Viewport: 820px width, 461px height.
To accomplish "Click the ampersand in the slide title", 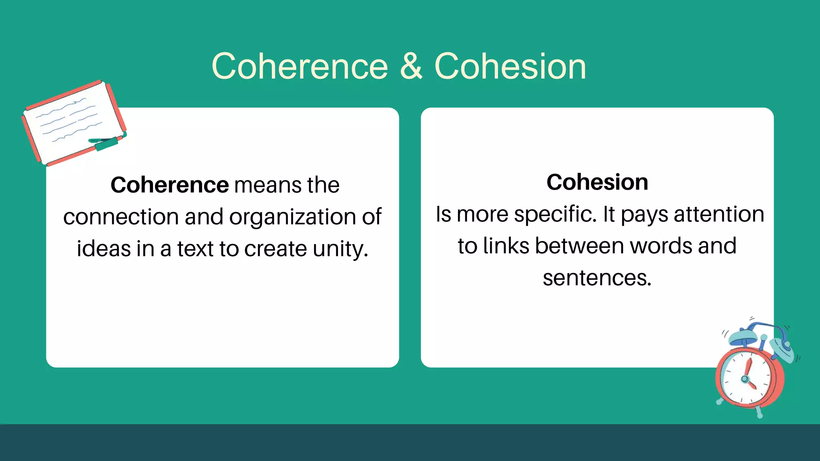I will (411, 66).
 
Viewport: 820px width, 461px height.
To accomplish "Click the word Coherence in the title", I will (300, 66).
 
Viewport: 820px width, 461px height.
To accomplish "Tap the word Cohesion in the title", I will (510, 66).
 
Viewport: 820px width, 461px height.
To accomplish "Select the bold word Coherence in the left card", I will (170, 185).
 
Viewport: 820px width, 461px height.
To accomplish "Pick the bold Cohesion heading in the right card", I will (597, 182).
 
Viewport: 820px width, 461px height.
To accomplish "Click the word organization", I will (292, 217).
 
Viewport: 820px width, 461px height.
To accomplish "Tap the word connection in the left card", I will (121, 217).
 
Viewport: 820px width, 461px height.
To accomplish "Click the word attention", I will (719, 214).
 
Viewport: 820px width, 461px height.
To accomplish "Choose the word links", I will (506, 246).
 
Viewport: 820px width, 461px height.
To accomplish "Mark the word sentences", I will (597, 278).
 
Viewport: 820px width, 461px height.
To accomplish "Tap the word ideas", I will (104, 249).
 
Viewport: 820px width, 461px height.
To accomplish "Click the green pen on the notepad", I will (105, 142).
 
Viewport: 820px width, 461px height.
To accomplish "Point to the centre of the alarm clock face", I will (746, 378).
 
